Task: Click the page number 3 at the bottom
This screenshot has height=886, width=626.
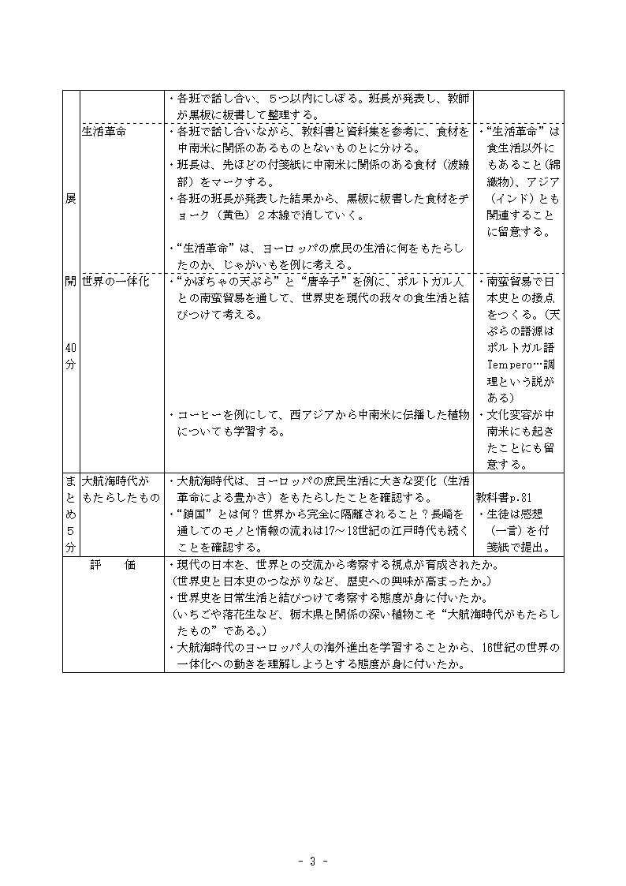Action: [313, 861]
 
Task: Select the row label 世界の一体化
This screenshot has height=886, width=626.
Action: [115, 282]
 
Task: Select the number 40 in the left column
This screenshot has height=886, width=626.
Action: [71, 349]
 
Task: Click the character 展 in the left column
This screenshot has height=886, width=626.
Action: [71, 199]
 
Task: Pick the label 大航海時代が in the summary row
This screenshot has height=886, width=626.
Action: [115, 480]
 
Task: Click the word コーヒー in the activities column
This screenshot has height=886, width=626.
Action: [199, 414]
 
